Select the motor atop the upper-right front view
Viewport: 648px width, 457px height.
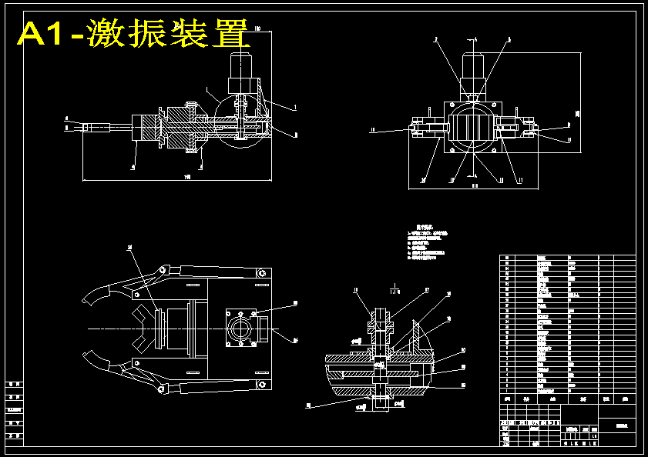[473, 73]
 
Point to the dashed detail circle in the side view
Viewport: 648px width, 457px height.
[232, 124]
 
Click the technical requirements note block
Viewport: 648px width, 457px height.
[431, 244]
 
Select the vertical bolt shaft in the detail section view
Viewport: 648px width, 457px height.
[379, 346]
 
